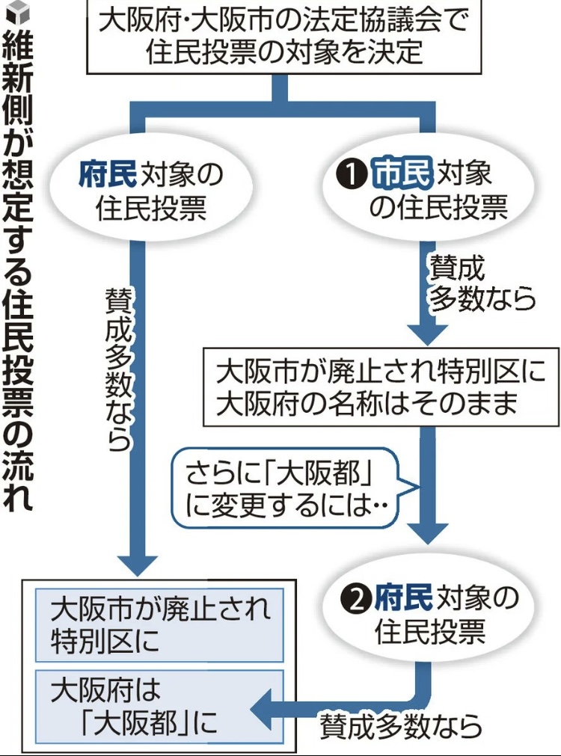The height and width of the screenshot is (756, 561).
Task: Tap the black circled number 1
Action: click(x=349, y=175)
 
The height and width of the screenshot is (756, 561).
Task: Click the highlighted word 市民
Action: click(x=402, y=173)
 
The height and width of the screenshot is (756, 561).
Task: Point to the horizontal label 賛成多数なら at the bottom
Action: click(x=399, y=725)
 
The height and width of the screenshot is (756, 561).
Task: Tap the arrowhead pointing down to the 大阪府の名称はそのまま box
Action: click(x=427, y=330)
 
